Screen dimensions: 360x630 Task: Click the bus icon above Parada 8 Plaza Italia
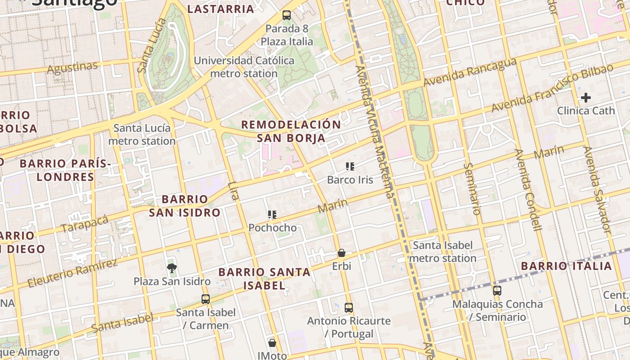pos(287,15)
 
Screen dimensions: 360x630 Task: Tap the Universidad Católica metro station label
pos(244,67)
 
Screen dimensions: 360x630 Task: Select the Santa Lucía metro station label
pos(142,135)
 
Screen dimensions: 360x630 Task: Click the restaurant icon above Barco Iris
pos(350,167)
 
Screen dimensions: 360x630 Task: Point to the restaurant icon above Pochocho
pos(272,215)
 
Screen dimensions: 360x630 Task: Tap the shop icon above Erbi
pos(342,253)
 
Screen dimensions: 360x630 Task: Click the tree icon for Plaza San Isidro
pos(171,268)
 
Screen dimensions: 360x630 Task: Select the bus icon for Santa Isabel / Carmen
pos(206,299)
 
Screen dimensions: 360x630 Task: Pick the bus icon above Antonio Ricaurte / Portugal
pos(349,308)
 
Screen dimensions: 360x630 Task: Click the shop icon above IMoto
pos(272,343)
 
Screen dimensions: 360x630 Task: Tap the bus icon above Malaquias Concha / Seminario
pos(497,291)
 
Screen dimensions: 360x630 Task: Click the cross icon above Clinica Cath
pos(585,97)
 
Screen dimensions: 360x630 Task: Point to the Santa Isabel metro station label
pos(443,252)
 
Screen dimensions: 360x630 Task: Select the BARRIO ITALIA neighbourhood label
pos(567,266)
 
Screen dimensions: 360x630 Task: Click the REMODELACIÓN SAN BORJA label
pos(291,131)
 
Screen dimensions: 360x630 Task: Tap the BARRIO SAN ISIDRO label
pos(184,206)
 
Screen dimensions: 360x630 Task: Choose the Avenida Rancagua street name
pos(470,72)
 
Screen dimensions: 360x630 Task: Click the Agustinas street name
pos(72,68)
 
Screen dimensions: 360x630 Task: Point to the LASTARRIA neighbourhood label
pos(220,9)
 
